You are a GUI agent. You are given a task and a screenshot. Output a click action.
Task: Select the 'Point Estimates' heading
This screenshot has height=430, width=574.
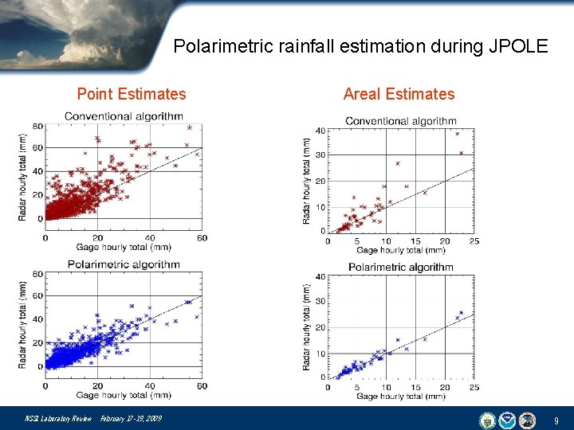[x=132, y=94]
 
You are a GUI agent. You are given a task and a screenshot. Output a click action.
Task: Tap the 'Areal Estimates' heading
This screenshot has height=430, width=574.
[x=399, y=94]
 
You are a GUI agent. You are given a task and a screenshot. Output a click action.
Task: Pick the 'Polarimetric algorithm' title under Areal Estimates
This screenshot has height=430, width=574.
[x=400, y=267]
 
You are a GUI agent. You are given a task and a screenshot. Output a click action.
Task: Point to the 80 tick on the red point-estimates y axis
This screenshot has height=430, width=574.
[x=37, y=126]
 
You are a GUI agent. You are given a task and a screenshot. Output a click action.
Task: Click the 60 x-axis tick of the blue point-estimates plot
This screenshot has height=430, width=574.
[x=202, y=385]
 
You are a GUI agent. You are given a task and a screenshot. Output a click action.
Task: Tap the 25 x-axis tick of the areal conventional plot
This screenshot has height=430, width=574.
[x=474, y=241]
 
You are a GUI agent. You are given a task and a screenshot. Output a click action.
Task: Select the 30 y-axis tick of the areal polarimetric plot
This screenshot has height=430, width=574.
[x=320, y=302]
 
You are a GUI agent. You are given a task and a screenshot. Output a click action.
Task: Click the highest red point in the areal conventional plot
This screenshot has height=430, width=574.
[x=458, y=134]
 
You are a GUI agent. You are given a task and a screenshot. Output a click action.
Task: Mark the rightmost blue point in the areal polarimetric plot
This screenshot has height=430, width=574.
[x=461, y=313]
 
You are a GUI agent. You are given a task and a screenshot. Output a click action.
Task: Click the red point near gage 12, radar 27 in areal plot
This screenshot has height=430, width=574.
[x=397, y=163]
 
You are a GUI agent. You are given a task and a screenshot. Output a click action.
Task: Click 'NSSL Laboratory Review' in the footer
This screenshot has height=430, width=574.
[x=58, y=419]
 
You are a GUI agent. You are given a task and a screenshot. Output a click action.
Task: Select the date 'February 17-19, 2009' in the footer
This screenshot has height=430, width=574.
[x=131, y=419]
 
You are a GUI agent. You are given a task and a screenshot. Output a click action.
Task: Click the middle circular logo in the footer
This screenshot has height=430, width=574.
[x=508, y=419]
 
